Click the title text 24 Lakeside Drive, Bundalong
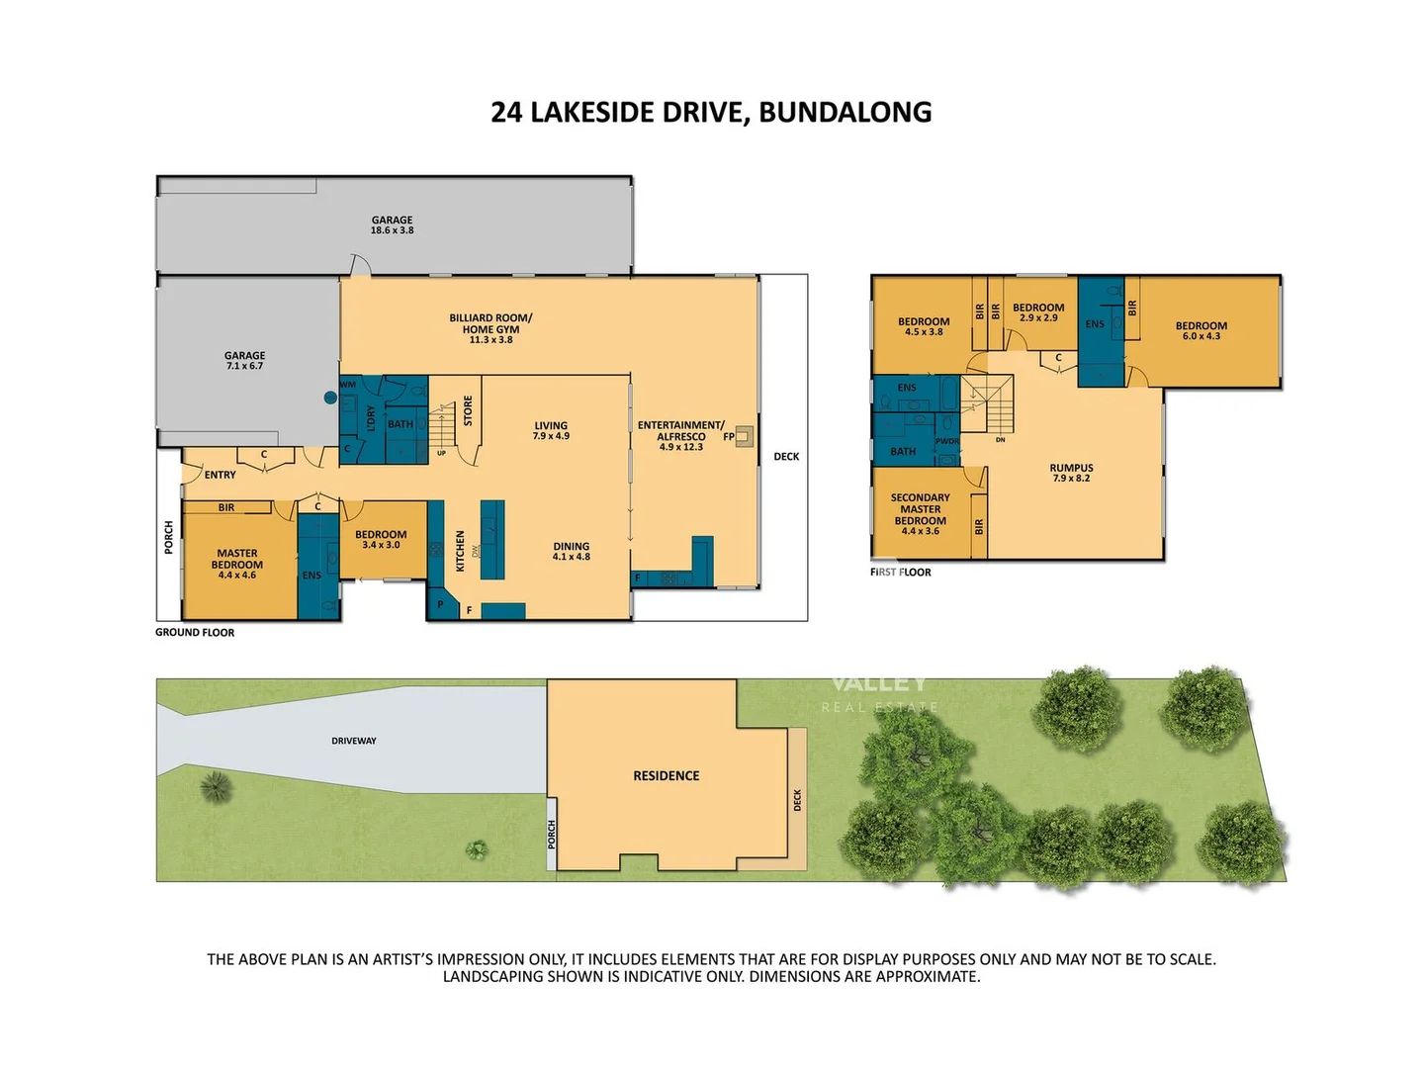coord(711,113)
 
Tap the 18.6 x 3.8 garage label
coord(393,225)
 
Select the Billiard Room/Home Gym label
coord(490,328)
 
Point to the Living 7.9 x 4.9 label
coord(551,430)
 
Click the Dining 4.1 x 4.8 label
coord(571,551)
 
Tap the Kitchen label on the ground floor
coord(460,551)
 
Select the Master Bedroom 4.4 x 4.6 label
coord(237,564)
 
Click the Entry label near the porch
coord(220,476)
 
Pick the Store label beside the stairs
coord(468,410)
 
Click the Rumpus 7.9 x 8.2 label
coord(1071,473)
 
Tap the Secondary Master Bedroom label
coord(920,514)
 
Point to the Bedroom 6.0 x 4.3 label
coord(1201,330)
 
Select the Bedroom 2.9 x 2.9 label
coord(1038,312)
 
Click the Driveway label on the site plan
coord(354,741)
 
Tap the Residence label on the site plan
coord(666,776)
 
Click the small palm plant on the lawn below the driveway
coord(216,787)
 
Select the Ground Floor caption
coord(195,633)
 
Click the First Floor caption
coord(901,573)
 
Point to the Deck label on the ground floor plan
coord(786,457)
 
